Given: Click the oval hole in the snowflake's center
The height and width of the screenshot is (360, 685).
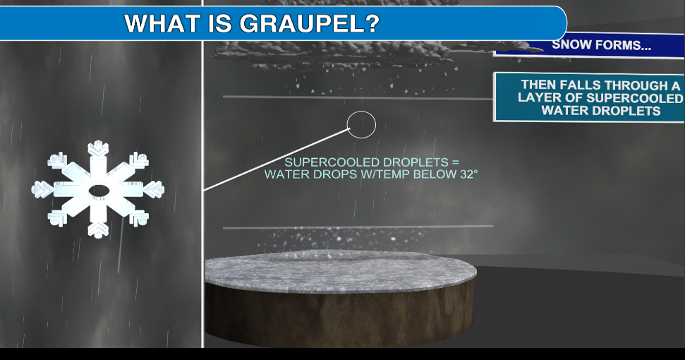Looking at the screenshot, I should click(x=98, y=190).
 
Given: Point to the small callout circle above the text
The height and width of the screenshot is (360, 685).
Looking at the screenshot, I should click(x=362, y=125).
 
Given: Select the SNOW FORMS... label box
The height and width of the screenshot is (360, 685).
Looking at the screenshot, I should click(x=601, y=45).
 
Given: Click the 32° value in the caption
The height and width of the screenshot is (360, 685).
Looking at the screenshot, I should click(x=467, y=173).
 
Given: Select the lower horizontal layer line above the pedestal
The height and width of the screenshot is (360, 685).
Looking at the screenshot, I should click(x=358, y=227).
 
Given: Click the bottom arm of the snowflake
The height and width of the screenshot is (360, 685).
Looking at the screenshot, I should click(x=98, y=225).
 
